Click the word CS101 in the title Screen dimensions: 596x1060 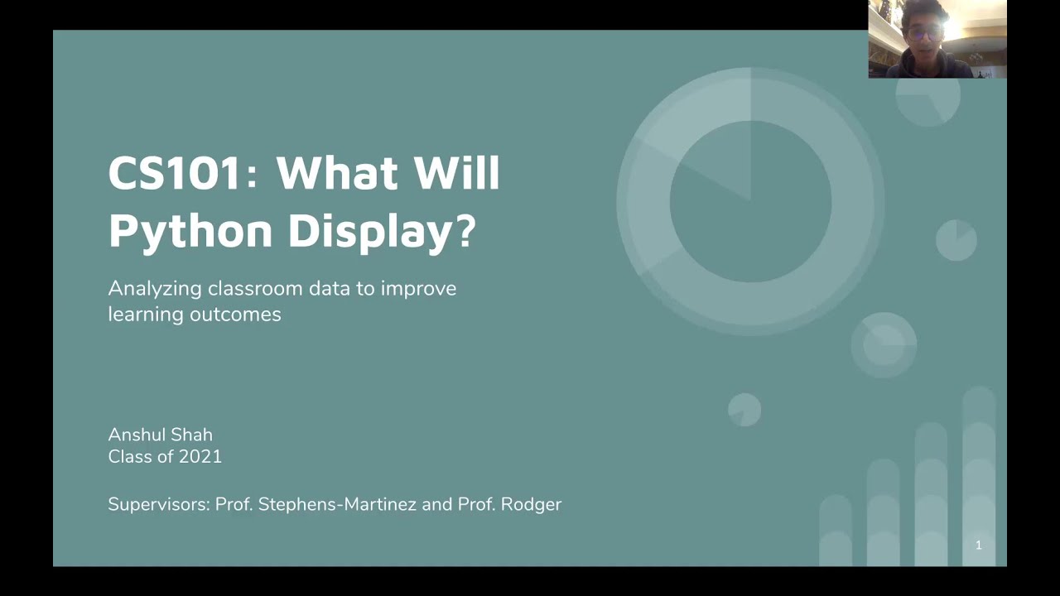coord(176,172)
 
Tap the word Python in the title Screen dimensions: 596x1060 coord(190,230)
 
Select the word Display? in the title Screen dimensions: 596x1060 coord(382,230)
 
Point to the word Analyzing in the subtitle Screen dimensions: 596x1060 coord(155,289)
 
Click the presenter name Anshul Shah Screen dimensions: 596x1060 coord(160,435)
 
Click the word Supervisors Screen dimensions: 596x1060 coord(158,504)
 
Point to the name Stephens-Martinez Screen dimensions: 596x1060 coord(337,504)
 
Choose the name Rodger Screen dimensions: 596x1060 coord(531,504)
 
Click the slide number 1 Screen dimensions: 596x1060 coord(978,545)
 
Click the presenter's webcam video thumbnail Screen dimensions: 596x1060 coord(937,39)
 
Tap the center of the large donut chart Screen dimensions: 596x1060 coord(750,200)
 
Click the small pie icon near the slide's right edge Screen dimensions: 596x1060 coord(956,240)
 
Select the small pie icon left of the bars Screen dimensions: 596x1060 coord(744,410)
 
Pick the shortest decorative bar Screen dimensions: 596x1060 coord(835,531)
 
